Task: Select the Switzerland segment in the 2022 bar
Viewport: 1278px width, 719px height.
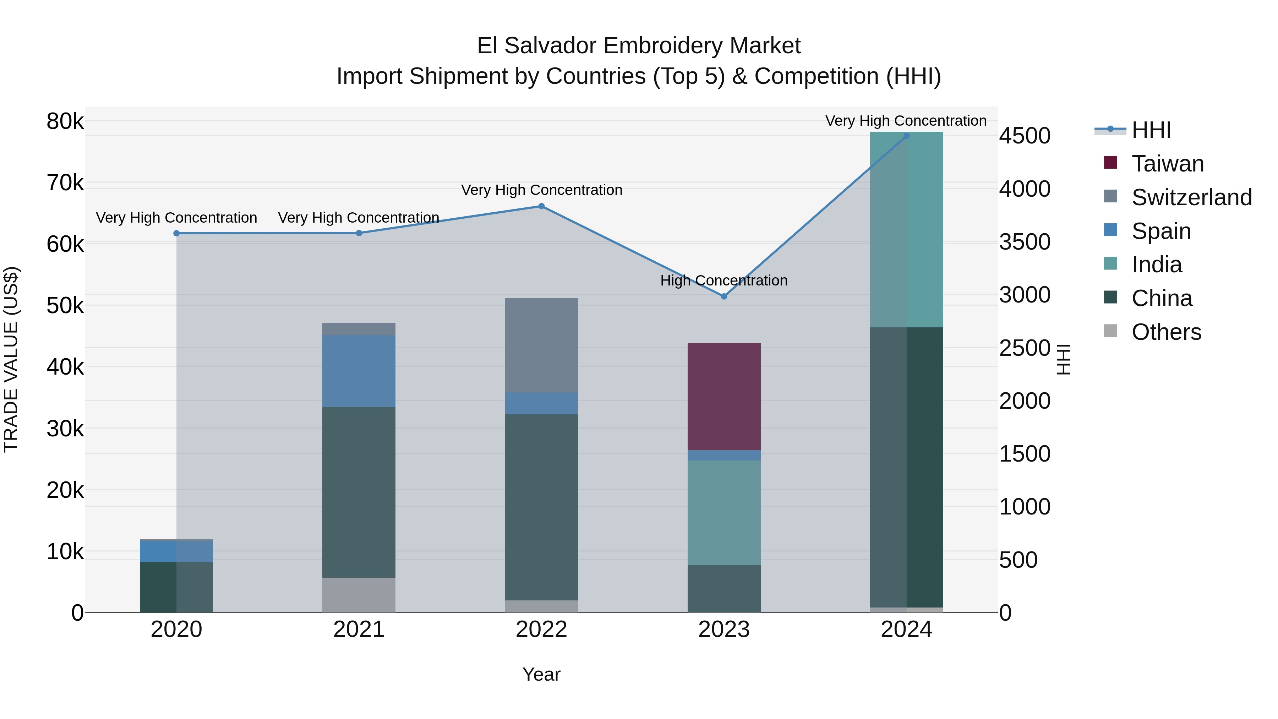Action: (x=541, y=345)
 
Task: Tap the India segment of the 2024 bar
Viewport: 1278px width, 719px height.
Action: (x=906, y=229)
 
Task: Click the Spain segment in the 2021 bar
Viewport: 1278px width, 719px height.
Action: (x=359, y=371)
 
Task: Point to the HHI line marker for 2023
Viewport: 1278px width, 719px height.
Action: (x=724, y=296)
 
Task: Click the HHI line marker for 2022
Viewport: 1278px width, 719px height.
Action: (x=541, y=206)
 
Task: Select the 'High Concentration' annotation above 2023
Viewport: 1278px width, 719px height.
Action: (x=724, y=280)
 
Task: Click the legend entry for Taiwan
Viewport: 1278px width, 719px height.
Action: (x=1167, y=164)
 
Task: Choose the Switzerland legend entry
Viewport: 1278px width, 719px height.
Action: (x=1191, y=197)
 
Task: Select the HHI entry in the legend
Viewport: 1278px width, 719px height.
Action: (x=1151, y=130)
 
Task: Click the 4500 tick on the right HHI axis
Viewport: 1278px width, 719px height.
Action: (x=1025, y=136)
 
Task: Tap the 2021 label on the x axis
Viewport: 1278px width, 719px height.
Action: (x=359, y=630)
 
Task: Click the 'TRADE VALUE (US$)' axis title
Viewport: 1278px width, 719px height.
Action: (x=11, y=359)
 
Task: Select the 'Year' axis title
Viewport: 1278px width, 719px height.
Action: (x=541, y=674)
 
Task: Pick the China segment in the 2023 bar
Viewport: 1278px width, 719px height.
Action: (x=724, y=588)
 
